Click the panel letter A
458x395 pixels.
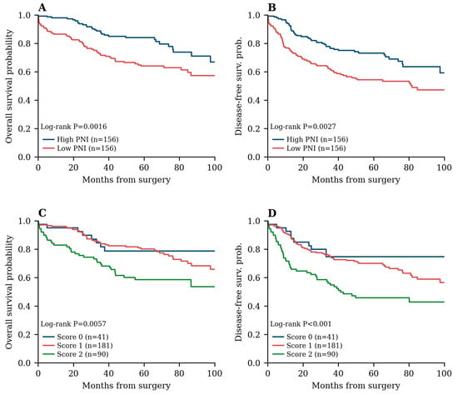(42, 7)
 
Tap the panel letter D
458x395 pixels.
(272, 213)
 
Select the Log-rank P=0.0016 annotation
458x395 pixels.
(73, 127)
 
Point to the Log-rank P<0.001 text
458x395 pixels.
(301, 324)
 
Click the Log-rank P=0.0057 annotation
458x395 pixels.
(73, 324)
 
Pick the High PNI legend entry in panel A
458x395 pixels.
(81, 139)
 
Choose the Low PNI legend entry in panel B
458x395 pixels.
(309, 148)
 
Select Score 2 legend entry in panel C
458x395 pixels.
(76, 354)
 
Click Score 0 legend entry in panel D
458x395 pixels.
(306, 337)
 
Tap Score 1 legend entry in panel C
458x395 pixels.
(77, 346)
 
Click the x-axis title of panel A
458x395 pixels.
(127, 179)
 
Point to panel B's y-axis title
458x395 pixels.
(239, 86)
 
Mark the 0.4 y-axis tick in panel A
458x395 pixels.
(24, 100)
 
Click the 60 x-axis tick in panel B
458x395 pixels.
(374, 167)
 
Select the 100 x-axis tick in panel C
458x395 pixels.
(215, 373)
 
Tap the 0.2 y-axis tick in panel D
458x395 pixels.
(254, 334)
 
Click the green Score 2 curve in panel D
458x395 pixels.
(339, 289)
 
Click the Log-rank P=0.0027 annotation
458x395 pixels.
(303, 127)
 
